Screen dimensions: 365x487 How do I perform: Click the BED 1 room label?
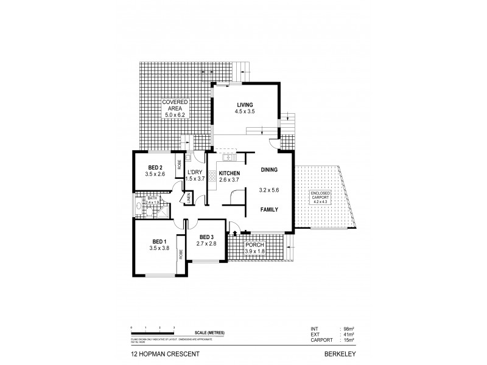(158, 242)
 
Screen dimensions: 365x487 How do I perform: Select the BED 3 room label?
(206, 237)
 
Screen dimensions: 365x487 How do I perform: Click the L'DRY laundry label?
(194, 172)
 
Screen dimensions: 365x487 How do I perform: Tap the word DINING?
(270, 170)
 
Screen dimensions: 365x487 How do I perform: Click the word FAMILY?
(270, 209)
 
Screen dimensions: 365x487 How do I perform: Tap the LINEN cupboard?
(189, 198)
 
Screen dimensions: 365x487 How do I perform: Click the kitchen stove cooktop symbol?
(212, 178)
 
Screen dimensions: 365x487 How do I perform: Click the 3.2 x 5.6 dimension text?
(270, 190)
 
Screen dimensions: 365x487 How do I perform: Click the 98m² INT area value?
(349, 329)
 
